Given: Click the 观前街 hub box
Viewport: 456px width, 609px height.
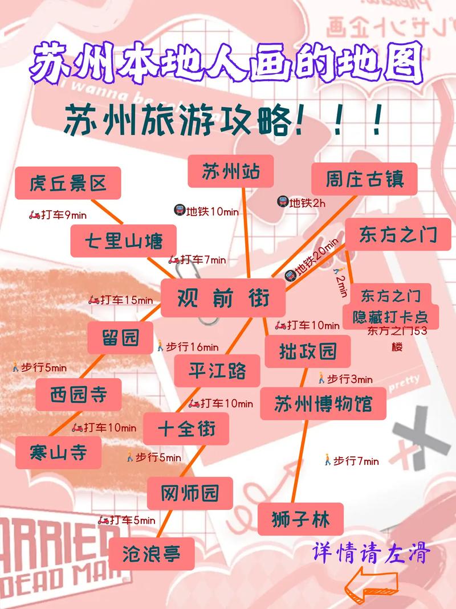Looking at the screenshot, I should [x=223, y=297].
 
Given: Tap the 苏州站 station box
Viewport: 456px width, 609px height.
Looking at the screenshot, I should [x=231, y=171].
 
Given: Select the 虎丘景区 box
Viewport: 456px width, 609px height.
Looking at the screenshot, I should [x=68, y=183].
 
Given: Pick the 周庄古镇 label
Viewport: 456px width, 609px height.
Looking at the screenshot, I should [x=364, y=179].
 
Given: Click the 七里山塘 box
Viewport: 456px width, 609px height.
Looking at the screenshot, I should [x=124, y=240].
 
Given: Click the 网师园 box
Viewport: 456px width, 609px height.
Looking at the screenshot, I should [x=190, y=493].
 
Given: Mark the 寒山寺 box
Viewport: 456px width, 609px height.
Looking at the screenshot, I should [x=58, y=452].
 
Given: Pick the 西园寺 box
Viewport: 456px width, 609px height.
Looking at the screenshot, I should [x=79, y=394].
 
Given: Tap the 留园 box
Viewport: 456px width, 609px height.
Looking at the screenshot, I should [x=121, y=337].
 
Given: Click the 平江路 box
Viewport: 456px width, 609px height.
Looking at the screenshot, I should [x=217, y=370].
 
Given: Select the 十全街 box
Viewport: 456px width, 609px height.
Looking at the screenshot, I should [x=186, y=428].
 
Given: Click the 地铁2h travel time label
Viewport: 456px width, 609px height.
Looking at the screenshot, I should [x=302, y=202].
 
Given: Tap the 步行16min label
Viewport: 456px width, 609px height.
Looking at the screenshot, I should [x=188, y=346].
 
